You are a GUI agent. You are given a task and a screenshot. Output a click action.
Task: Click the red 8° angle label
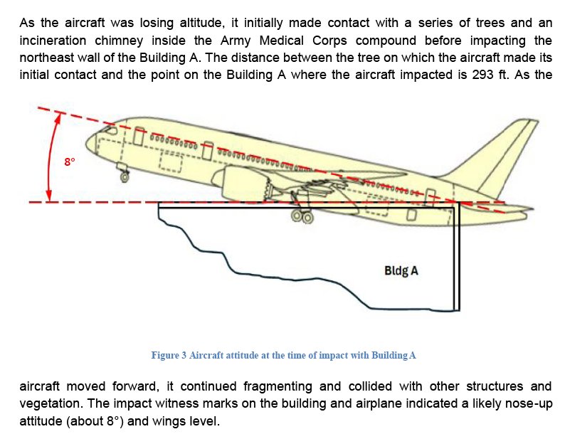[69, 162]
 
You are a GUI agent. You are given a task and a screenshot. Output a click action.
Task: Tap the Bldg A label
[401, 271]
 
